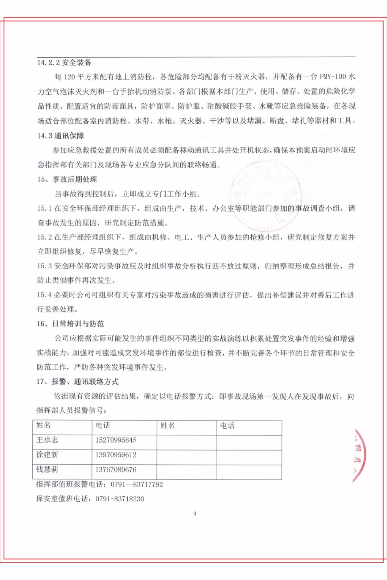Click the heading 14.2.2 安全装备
click(x=64, y=63)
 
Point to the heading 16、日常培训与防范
click(x=70, y=324)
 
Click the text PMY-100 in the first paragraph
click(x=333, y=77)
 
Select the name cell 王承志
click(x=47, y=440)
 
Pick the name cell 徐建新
click(x=47, y=455)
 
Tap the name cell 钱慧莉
click(x=47, y=470)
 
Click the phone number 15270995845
click(x=116, y=440)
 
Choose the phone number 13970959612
click(x=116, y=455)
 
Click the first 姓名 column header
click(x=44, y=426)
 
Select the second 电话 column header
click(x=227, y=426)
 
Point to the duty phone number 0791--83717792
click(x=137, y=485)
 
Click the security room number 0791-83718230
click(x=120, y=499)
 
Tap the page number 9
click(x=195, y=514)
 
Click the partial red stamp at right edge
click(x=358, y=455)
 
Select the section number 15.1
click(x=44, y=208)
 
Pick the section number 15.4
click(x=44, y=295)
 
